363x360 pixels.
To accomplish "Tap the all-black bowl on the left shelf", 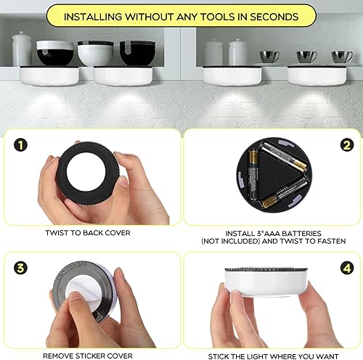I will pyautogui.click(x=138, y=54).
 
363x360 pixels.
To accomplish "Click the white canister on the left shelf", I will pyautogui.click(x=23, y=49).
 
